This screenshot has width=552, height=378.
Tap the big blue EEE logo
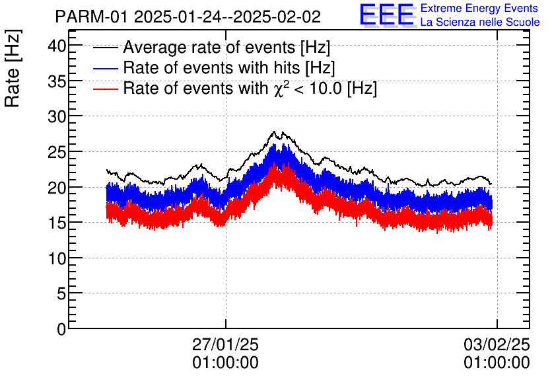pyautogui.click(x=388, y=15)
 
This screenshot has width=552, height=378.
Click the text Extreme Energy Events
pyautogui.click(x=479, y=9)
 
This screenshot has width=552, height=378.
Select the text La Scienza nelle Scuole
pyautogui.click(x=479, y=22)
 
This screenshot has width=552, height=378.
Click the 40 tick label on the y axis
pyautogui.click(x=57, y=46)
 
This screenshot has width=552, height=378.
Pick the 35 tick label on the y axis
pyautogui.click(x=57, y=81)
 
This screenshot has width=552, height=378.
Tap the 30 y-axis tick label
pyautogui.click(x=57, y=116)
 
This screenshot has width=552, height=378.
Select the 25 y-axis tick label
pyautogui.click(x=57, y=152)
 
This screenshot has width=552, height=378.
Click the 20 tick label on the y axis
pyautogui.click(x=57, y=187)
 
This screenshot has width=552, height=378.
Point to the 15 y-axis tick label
pyautogui.click(x=57, y=223)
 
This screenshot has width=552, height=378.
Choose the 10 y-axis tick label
pyautogui.click(x=57, y=258)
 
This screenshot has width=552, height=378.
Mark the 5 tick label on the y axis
pyautogui.click(x=61, y=293)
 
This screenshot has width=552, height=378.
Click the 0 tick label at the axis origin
pyautogui.click(x=61, y=329)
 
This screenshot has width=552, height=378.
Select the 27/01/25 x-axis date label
pyautogui.click(x=225, y=345)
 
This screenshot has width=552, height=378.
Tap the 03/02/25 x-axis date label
pyautogui.click(x=497, y=345)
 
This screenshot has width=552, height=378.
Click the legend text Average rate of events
pyautogui.click(x=226, y=48)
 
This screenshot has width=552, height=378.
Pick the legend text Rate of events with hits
pyautogui.click(x=229, y=67)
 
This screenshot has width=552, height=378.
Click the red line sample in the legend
pyautogui.click(x=106, y=88)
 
